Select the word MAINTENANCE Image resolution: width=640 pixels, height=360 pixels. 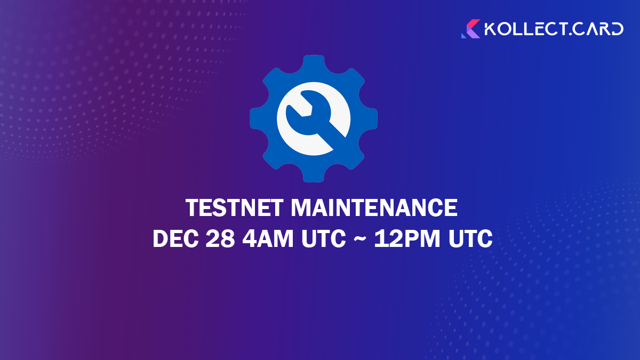(374, 208)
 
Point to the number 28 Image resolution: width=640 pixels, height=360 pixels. (220, 239)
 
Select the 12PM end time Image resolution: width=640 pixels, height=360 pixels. (405, 239)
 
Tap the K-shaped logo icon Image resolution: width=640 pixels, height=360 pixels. (470, 29)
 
